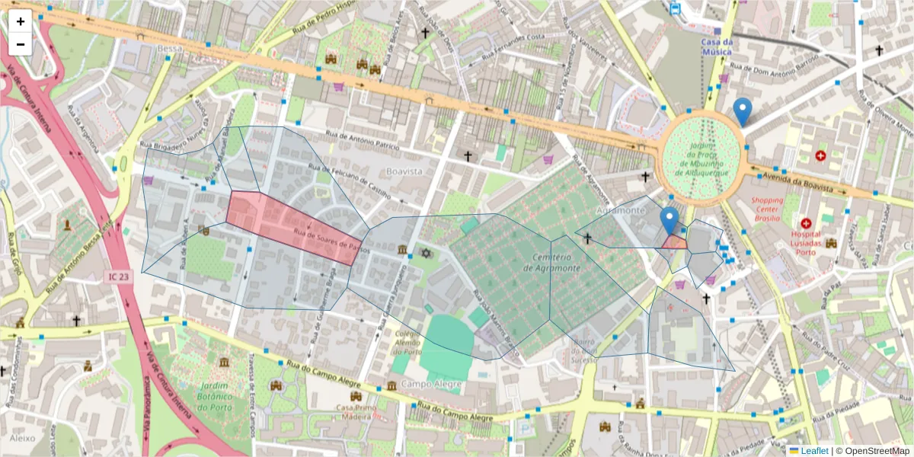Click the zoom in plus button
[x=21, y=21]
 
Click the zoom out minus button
[x=21, y=44]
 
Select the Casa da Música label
[x=717, y=46]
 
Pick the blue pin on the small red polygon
[x=670, y=222]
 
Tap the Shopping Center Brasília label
[x=767, y=209]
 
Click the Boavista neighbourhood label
[x=404, y=171]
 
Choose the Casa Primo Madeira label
[x=356, y=412]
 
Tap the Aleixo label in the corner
[x=23, y=438]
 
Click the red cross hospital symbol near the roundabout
[x=820, y=155]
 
